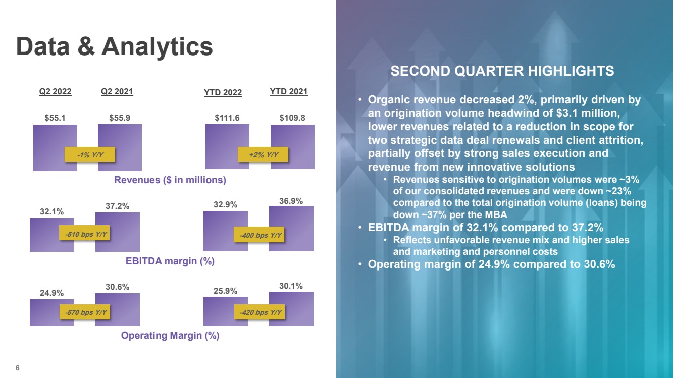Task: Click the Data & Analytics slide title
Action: point(115,46)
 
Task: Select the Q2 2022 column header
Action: point(55,91)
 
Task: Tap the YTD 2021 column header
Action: point(289,91)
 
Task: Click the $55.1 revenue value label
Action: point(55,118)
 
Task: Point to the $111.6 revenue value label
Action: point(227,118)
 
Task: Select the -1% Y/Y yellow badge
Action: point(90,154)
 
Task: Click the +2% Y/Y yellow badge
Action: point(263,154)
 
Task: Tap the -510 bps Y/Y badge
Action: point(84,234)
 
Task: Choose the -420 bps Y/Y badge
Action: point(260,312)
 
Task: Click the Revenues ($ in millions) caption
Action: point(170,180)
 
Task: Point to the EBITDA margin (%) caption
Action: point(170,261)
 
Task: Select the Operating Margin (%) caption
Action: point(170,336)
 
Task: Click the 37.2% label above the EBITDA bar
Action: point(118,206)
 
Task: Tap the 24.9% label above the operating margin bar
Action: point(51,293)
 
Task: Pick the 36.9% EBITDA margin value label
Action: point(291,201)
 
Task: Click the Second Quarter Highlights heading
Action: point(502,71)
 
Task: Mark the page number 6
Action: point(18,368)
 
